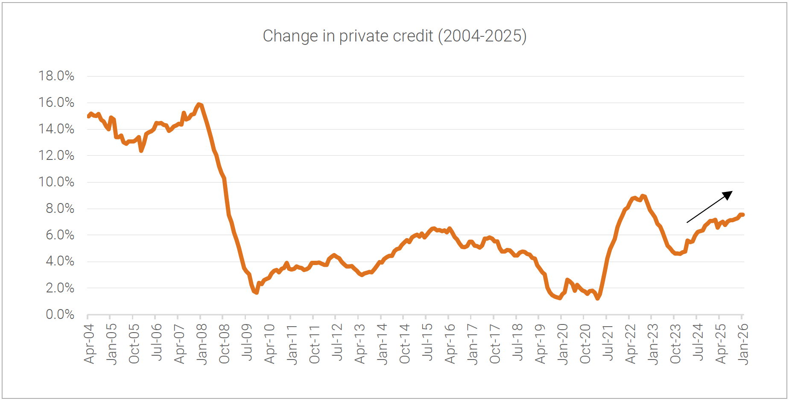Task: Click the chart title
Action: tap(394, 36)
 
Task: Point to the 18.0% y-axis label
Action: tap(56, 76)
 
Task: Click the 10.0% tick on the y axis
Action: tap(56, 182)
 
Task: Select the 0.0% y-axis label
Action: tap(60, 315)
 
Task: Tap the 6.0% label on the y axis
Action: tap(60, 235)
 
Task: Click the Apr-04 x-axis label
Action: tap(89, 344)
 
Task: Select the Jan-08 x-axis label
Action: tap(202, 344)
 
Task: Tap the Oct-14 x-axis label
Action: tap(404, 344)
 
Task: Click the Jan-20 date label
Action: tap(562, 344)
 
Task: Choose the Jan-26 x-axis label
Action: tap(743, 344)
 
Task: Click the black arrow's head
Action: tap(728, 195)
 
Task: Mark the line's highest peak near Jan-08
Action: tap(199, 104)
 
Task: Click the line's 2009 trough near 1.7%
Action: tap(257, 292)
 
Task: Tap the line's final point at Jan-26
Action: tap(743, 215)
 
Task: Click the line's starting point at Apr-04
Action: tap(88, 116)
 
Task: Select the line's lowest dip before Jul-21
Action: tap(597, 298)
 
